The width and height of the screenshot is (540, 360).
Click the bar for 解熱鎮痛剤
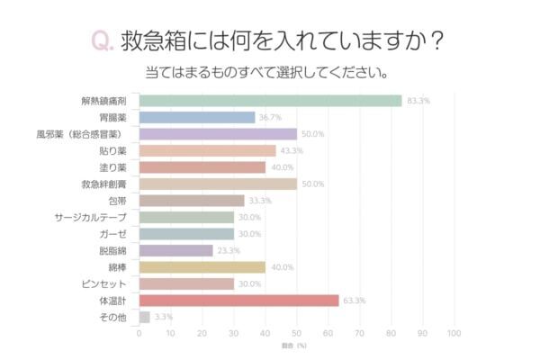(x=270, y=100)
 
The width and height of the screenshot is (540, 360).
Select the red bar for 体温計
(x=238, y=300)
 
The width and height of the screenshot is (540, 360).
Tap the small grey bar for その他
(x=144, y=317)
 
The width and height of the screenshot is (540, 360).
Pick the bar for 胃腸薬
(x=197, y=117)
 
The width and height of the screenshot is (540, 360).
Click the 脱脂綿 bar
(x=176, y=250)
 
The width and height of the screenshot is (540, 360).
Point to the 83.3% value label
(x=418, y=101)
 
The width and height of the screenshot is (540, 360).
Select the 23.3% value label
(x=229, y=250)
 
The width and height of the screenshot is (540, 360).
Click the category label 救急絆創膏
(x=108, y=184)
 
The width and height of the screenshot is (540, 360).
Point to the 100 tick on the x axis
(x=454, y=334)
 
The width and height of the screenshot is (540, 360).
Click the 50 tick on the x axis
(x=297, y=334)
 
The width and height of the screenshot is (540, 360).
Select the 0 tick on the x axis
(x=139, y=334)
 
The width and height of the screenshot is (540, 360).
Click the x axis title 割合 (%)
(x=296, y=346)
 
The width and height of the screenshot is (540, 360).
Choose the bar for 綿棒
(x=202, y=266)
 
